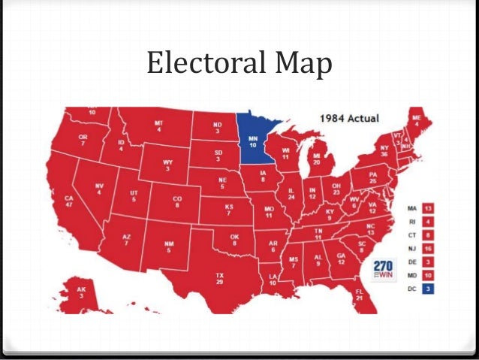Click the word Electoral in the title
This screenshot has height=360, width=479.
(203, 65)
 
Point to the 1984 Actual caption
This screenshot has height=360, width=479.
(349, 119)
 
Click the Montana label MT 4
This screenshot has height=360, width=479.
(158, 127)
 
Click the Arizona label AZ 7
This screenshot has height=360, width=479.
(126, 241)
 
